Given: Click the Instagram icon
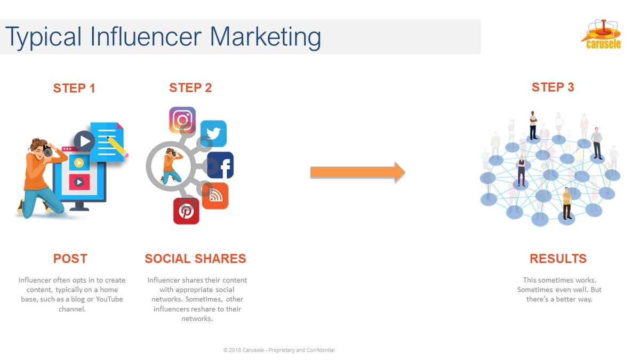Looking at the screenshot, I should pos(182,119).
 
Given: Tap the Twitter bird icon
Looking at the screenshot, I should pos(213,133).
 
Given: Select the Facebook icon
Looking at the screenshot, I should pos(221,165).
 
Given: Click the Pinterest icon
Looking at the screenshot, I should pos(186,211).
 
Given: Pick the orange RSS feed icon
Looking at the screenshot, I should pos(215,196).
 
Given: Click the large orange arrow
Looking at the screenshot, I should pos(357,172).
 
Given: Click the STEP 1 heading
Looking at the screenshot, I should pos(74,88).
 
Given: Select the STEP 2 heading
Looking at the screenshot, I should pos(190,87).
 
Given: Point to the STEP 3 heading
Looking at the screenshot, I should pos(553,87).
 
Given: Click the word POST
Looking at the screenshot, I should pos(70,259).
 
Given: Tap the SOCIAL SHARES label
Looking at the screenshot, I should pos(195,259).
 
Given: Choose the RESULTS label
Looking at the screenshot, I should pos(558,259).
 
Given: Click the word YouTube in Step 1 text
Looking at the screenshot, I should pos(106,299).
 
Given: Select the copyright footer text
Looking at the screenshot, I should pos(279,350).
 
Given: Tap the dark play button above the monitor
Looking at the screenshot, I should pos(84,141).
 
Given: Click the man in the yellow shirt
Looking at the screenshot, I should pos(567,203).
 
